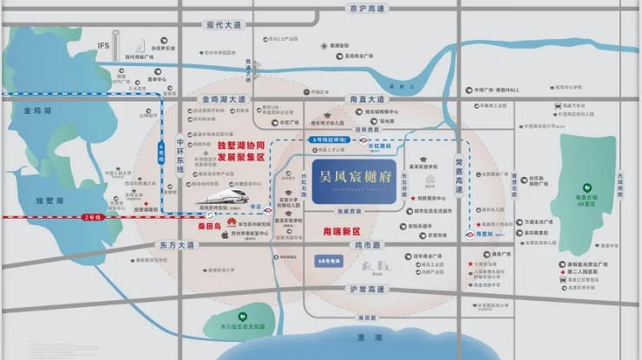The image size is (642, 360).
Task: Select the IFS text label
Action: click(x=103, y=45)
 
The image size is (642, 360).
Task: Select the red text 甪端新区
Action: click(x=340, y=232)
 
